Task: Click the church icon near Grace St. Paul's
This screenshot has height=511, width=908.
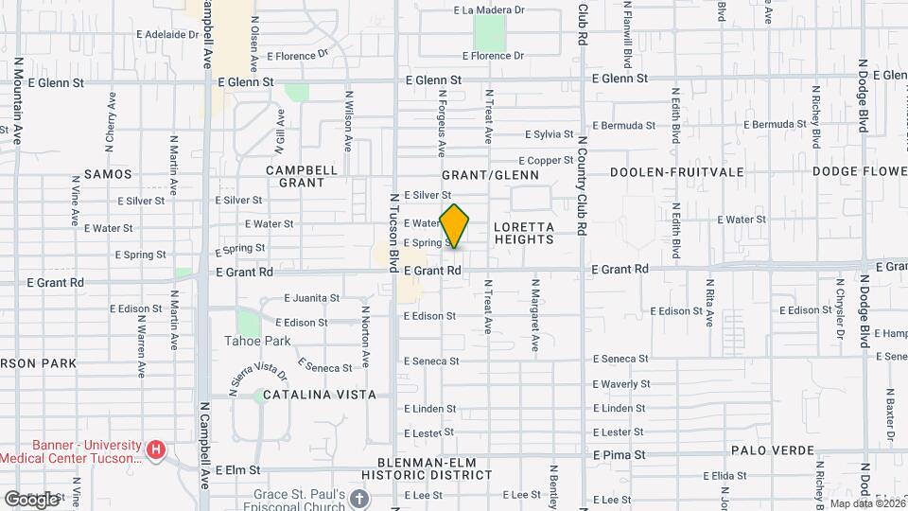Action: point(358,498)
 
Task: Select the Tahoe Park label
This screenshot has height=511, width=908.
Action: point(257,341)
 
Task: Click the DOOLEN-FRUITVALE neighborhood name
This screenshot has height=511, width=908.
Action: point(676,173)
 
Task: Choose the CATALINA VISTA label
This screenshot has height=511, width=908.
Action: point(320,395)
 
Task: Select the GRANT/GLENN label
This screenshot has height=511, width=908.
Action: point(491,175)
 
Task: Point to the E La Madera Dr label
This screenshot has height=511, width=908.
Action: point(489,10)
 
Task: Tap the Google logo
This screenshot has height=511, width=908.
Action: point(31,499)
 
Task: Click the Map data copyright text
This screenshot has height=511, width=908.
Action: point(866,503)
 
